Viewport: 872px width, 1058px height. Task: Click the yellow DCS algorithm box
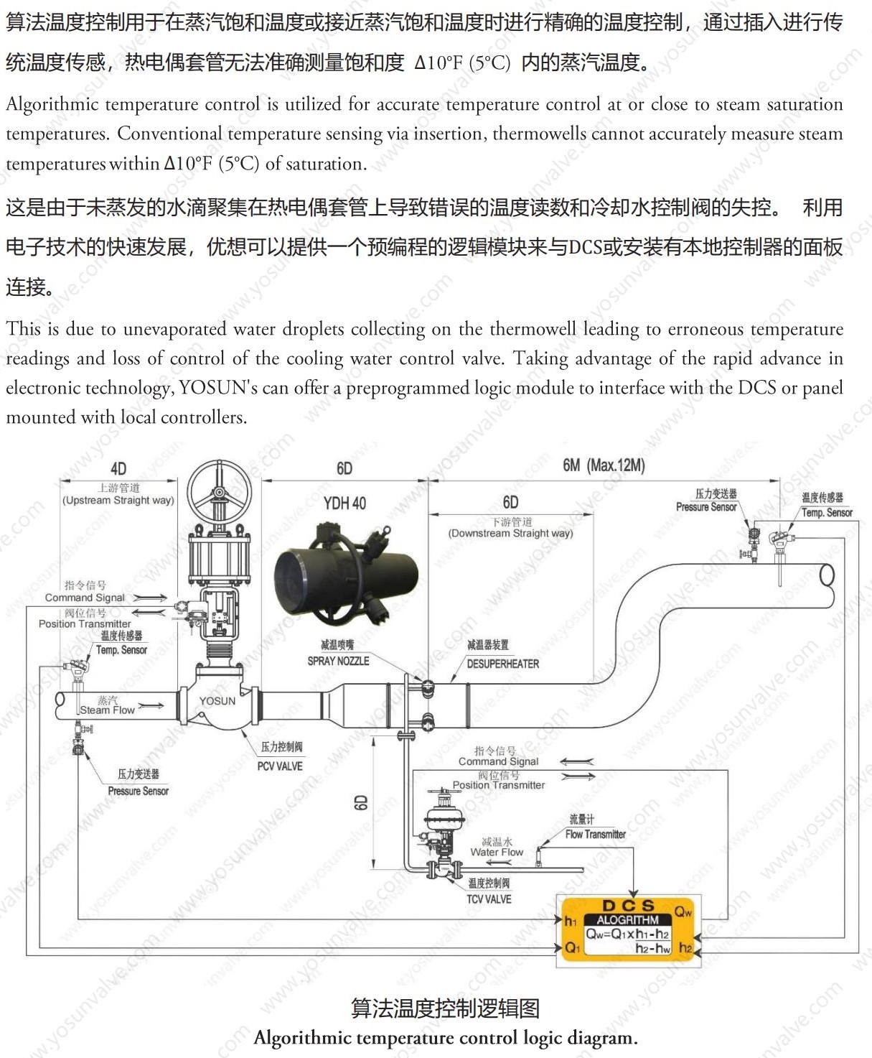click(627, 931)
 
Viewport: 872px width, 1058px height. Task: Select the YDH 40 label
click(344, 504)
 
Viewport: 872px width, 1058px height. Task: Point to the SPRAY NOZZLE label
click(338, 661)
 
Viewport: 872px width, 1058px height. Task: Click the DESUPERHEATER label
click(502, 664)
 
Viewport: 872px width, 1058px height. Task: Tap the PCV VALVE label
click(280, 766)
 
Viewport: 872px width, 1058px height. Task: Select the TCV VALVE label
click(489, 899)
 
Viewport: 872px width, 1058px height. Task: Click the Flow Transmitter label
click(595, 834)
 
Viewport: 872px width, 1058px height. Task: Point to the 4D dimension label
click(118, 469)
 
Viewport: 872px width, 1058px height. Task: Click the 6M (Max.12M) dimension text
click(604, 465)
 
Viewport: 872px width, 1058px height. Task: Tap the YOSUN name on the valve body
click(217, 701)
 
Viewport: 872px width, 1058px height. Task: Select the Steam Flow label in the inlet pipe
click(107, 710)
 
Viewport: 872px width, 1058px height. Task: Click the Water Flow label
click(497, 852)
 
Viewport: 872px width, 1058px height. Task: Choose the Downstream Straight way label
click(510, 533)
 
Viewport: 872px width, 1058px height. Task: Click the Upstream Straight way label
click(118, 500)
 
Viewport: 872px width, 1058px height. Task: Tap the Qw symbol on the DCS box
click(683, 912)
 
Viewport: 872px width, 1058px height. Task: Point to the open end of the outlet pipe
click(827, 575)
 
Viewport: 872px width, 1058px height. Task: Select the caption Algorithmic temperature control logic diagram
click(445, 1038)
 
